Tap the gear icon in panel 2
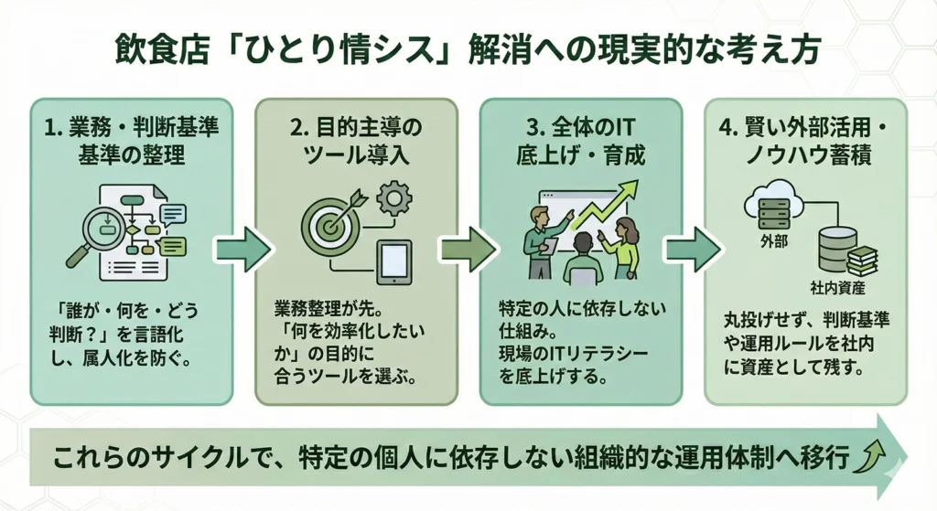394,197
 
